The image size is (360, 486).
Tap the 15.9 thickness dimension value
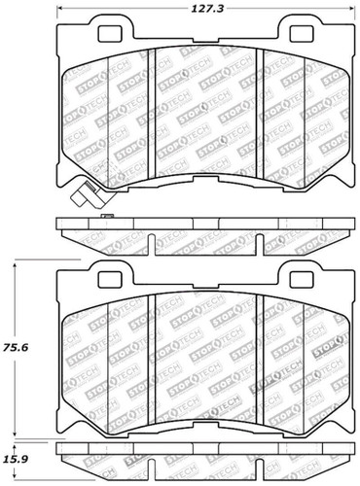point(20,458)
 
